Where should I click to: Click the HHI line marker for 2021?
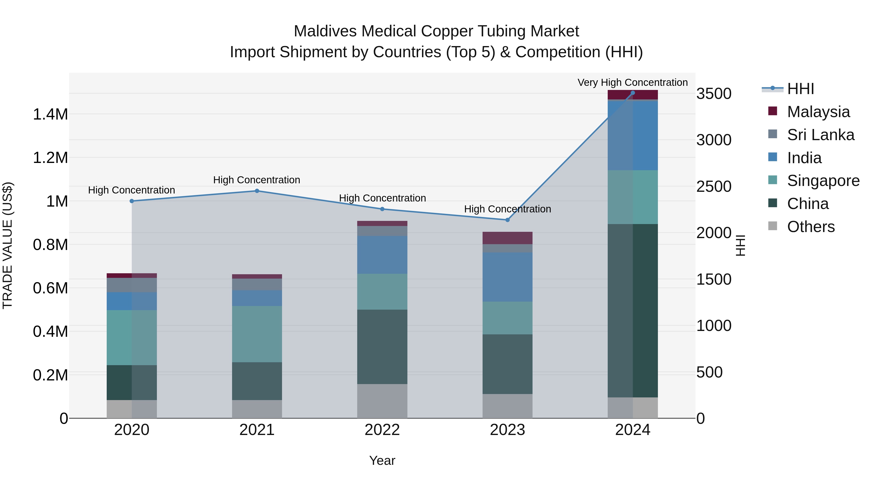coord(257,191)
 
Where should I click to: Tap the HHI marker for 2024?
coord(632,93)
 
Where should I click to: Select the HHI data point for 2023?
coord(507,220)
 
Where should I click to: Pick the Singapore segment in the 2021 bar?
coord(257,334)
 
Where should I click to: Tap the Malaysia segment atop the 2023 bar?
coord(507,238)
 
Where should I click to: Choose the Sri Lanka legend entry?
coord(820,135)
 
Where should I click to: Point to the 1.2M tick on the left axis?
coord(50,158)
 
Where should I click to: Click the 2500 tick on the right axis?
coord(714,186)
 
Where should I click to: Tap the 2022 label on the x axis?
coord(382,430)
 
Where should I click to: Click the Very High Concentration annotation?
coord(632,82)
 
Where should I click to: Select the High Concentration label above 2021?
coord(257,180)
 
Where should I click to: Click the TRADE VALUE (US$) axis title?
coord(8,245)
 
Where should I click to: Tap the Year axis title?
coord(382,460)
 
